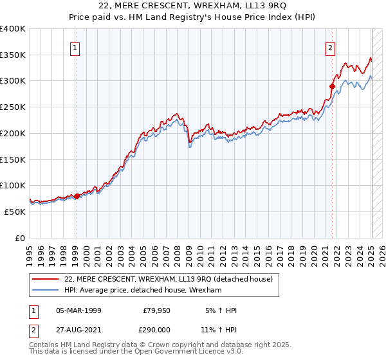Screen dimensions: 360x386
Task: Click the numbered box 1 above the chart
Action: click(x=76, y=48)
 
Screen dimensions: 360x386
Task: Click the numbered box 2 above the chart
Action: click(x=330, y=48)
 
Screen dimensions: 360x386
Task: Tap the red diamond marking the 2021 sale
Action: click(x=333, y=86)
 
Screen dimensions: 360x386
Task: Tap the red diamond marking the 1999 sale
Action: click(x=77, y=196)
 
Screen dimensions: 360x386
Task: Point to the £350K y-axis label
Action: click(x=13, y=55)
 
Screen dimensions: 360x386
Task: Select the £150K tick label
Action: click(x=13, y=159)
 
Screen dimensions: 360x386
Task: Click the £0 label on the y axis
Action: click(x=19, y=238)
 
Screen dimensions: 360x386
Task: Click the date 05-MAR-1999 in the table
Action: click(x=78, y=310)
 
